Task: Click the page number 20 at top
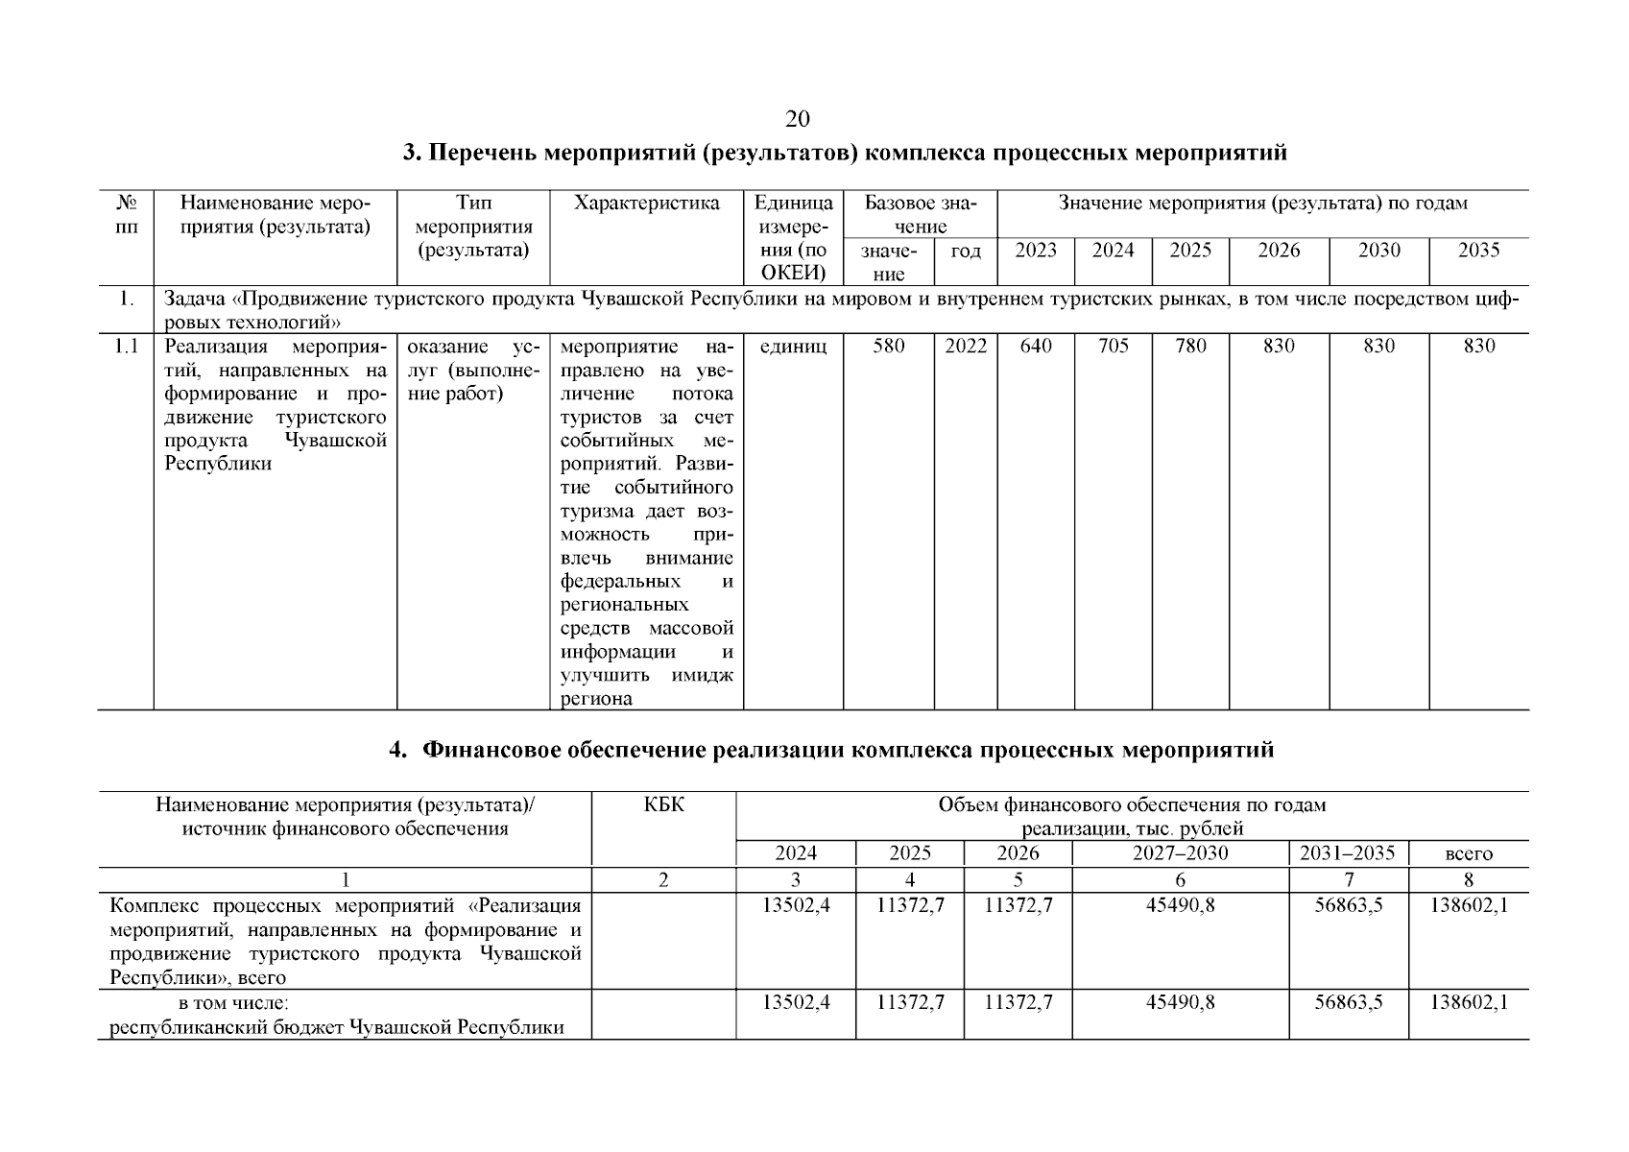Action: point(797,119)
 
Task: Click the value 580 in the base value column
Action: point(888,347)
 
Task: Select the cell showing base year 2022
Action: point(965,347)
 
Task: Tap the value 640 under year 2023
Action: point(1036,347)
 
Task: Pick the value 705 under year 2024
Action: point(1113,347)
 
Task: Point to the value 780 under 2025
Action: point(1190,347)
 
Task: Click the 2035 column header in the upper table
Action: point(1478,251)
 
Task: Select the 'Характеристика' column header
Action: point(646,204)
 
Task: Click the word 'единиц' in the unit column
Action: point(793,347)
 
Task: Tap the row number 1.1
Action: point(126,347)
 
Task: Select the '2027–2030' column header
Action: point(1180,853)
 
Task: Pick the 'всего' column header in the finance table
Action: point(1468,853)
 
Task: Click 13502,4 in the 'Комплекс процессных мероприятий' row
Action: point(796,905)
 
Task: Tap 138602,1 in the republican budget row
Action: point(1468,1003)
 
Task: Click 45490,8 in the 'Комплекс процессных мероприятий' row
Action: point(1180,905)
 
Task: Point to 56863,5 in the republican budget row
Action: point(1348,1003)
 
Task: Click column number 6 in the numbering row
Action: point(1180,879)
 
